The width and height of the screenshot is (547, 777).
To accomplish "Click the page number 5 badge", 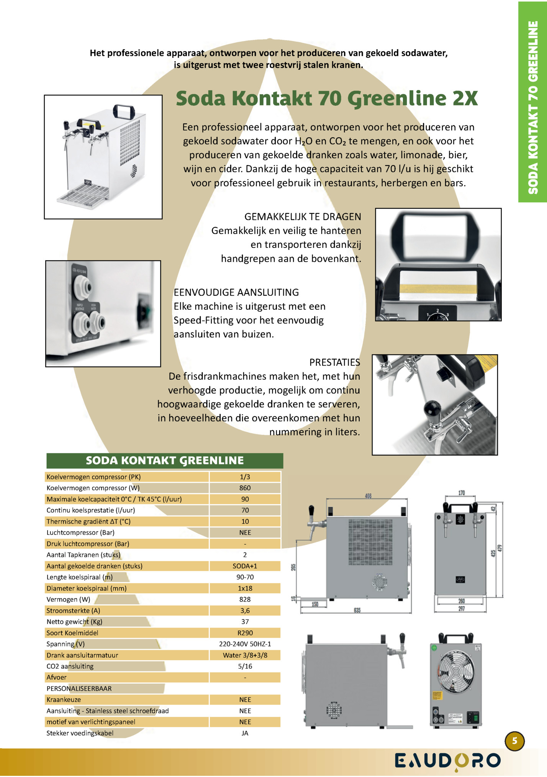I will pyautogui.click(x=514, y=741).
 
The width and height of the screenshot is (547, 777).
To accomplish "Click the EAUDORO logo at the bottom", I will pyautogui.click(x=447, y=761).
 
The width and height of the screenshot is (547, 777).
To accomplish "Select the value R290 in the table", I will pyautogui.click(x=245, y=633).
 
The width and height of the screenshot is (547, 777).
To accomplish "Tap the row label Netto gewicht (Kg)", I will pyautogui.click(x=74, y=622).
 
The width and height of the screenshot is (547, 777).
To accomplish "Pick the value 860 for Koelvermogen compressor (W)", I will pyautogui.click(x=245, y=488).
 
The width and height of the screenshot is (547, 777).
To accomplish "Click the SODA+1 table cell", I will pyautogui.click(x=245, y=566).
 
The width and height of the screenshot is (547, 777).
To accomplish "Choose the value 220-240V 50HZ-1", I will pyautogui.click(x=245, y=644).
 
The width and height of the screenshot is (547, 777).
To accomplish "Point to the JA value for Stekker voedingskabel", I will pyautogui.click(x=245, y=733).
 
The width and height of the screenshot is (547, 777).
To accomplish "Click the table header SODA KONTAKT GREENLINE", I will pyautogui.click(x=165, y=461).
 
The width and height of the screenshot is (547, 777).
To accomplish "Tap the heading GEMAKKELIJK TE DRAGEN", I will pyautogui.click(x=303, y=217).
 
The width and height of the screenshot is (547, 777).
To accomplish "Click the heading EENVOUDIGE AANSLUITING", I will pyautogui.click(x=236, y=292).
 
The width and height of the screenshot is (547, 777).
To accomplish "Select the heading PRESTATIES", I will pyautogui.click(x=334, y=362).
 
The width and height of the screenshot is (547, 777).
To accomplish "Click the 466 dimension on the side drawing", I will pyautogui.click(x=368, y=496).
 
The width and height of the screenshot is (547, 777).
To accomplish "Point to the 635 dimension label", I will pyautogui.click(x=357, y=610).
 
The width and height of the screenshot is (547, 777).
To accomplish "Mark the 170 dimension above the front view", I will pyautogui.click(x=462, y=493).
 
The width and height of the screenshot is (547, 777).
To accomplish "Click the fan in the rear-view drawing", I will pyautogui.click(x=456, y=671).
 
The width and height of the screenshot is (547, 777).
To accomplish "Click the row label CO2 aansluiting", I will pyautogui.click(x=70, y=666).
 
